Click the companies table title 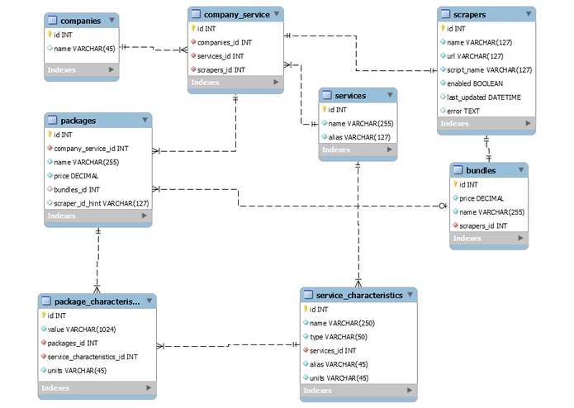pyautogui.click(x=81, y=20)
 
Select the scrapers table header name pyautogui.click(x=471, y=14)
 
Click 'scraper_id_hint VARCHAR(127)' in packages pyautogui.click(x=101, y=202)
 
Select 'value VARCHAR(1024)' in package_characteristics pyautogui.click(x=86, y=329)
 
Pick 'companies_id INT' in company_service pyautogui.click(x=224, y=41)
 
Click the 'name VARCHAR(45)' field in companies pyautogui.click(x=83, y=49)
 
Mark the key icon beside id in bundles pyautogui.click(x=454, y=185)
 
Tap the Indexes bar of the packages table pyautogui.click(x=97, y=216)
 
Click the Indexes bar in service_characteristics pyautogui.click(x=358, y=391)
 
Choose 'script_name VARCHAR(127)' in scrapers pyautogui.click(x=489, y=70)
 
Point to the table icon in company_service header pyautogui.click(x=195, y=14)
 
